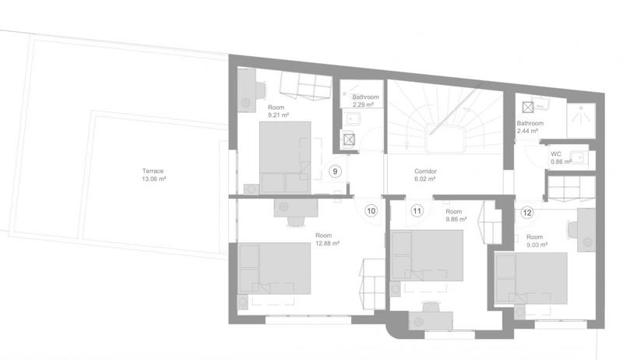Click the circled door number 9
pos(335,171)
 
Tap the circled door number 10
pos(371,210)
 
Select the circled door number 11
pos(417,210)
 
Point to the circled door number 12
pos(527,211)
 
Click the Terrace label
pos(153,171)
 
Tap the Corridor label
pos(424,170)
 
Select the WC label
pos(556,154)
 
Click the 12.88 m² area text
pos(328,242)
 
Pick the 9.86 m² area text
pos(456,219)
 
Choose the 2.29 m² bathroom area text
pos(363,104)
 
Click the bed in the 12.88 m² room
pos(276,269)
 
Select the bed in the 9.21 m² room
pos(284,157)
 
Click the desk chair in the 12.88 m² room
pos(296,221)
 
